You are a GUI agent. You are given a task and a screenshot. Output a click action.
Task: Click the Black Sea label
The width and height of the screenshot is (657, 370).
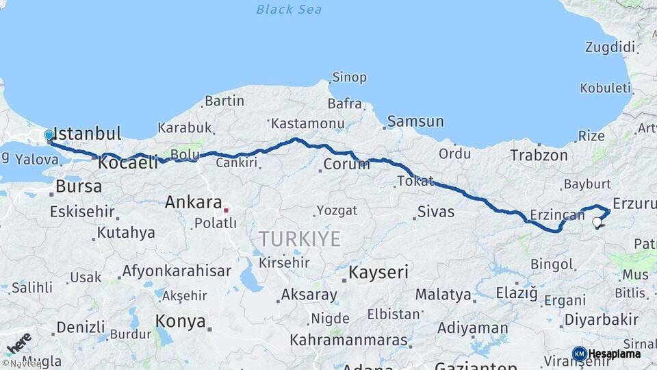[288, 9]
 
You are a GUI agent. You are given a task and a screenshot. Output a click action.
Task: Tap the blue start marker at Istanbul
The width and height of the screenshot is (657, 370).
[49, 136]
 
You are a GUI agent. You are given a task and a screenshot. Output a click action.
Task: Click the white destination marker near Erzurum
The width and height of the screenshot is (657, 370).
[597, 222]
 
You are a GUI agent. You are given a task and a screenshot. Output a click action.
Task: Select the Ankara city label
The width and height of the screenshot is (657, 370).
[193, 203]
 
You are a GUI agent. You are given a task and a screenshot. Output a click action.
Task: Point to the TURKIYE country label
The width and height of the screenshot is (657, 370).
[299, 238]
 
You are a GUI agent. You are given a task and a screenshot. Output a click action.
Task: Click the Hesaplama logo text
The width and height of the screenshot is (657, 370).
[615, 354]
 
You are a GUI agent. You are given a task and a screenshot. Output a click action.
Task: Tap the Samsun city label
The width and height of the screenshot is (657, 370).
[415, 122]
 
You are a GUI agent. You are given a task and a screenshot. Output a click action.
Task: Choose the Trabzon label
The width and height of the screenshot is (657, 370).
[539, 156]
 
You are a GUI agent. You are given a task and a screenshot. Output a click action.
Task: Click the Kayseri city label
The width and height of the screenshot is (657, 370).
[378, 272]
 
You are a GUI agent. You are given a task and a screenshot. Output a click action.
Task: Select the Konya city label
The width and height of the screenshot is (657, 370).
[181, 321]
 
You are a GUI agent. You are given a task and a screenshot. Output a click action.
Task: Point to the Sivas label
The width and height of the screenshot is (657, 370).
[436, 212]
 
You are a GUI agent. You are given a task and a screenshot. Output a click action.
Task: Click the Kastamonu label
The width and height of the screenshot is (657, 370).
[307, 124]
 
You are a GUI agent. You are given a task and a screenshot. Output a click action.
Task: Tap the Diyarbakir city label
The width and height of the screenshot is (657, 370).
[601, 319]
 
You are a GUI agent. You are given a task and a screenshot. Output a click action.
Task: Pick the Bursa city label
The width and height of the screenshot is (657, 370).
[79, 186]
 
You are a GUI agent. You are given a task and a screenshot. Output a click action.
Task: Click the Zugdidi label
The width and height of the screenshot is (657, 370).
[610, 47]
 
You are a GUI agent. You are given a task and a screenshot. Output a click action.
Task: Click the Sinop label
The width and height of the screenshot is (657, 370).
[349, 77]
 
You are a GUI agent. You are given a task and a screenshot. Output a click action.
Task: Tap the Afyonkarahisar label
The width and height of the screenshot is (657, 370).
[177, 271]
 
